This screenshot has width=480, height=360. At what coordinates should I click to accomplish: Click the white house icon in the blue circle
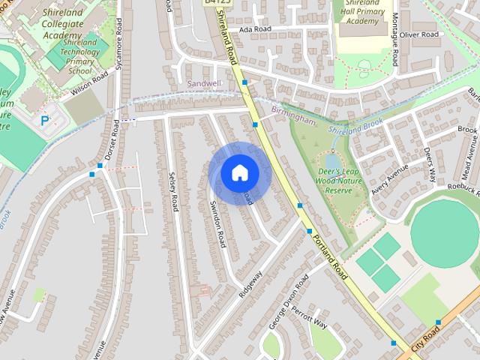point(239,172)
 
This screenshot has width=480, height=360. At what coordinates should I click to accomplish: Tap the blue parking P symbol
point(45,119)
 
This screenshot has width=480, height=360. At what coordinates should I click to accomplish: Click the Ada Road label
point(253,29)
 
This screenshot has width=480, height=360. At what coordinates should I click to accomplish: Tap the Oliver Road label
point(419,34)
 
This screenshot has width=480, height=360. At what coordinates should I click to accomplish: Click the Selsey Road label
point(172,192)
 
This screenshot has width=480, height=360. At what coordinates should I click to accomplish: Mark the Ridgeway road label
point(250,286)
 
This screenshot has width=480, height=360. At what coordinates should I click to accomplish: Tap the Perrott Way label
point(309,318)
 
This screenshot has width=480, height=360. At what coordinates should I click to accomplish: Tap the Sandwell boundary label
point(203,83)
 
